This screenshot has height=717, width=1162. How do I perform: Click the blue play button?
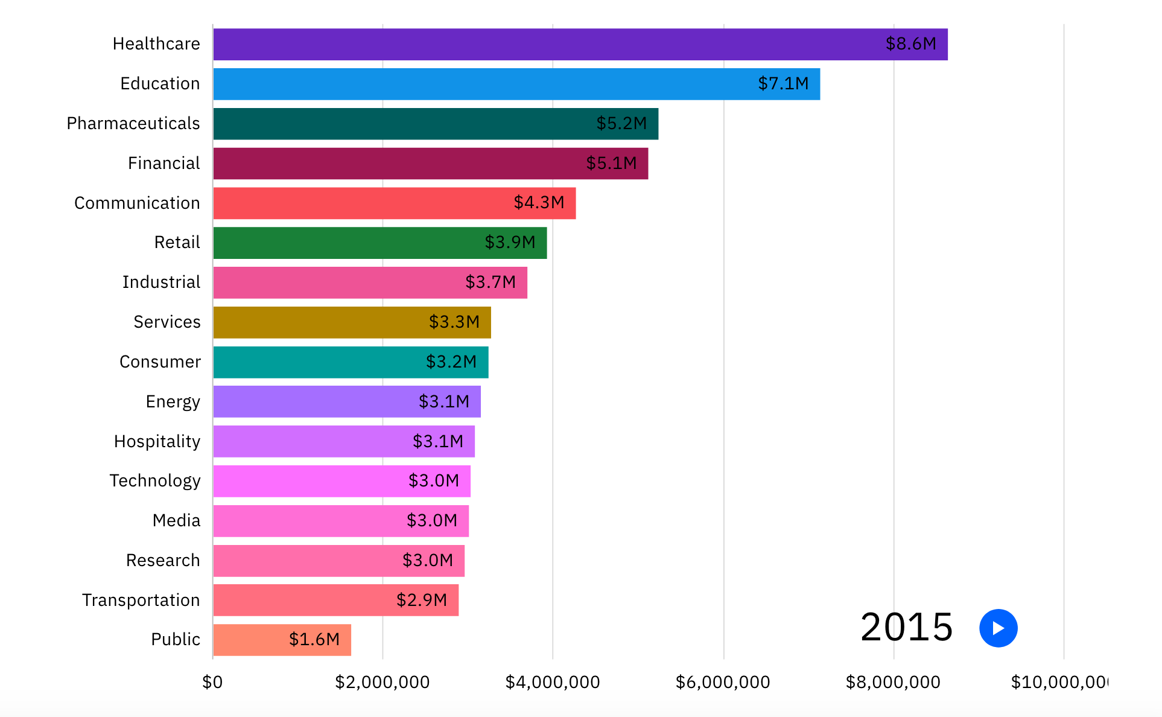998,628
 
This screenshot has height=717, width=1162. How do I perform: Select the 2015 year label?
906,627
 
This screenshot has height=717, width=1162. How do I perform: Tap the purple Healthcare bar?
543,45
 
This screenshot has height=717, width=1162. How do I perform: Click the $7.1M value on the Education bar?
783,83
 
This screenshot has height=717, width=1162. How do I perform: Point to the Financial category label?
164,163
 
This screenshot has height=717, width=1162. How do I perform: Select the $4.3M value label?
539,202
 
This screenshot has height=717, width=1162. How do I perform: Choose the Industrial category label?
161,282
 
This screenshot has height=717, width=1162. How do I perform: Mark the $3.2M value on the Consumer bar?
451,362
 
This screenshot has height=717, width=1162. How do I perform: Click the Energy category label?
173,401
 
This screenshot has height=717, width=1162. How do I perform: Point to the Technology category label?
155,480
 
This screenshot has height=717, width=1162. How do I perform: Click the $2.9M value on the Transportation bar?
422,600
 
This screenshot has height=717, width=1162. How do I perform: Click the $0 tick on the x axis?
212,682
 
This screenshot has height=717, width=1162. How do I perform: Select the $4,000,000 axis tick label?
552,682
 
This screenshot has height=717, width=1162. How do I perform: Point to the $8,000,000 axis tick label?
893,682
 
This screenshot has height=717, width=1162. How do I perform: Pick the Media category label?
176,520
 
